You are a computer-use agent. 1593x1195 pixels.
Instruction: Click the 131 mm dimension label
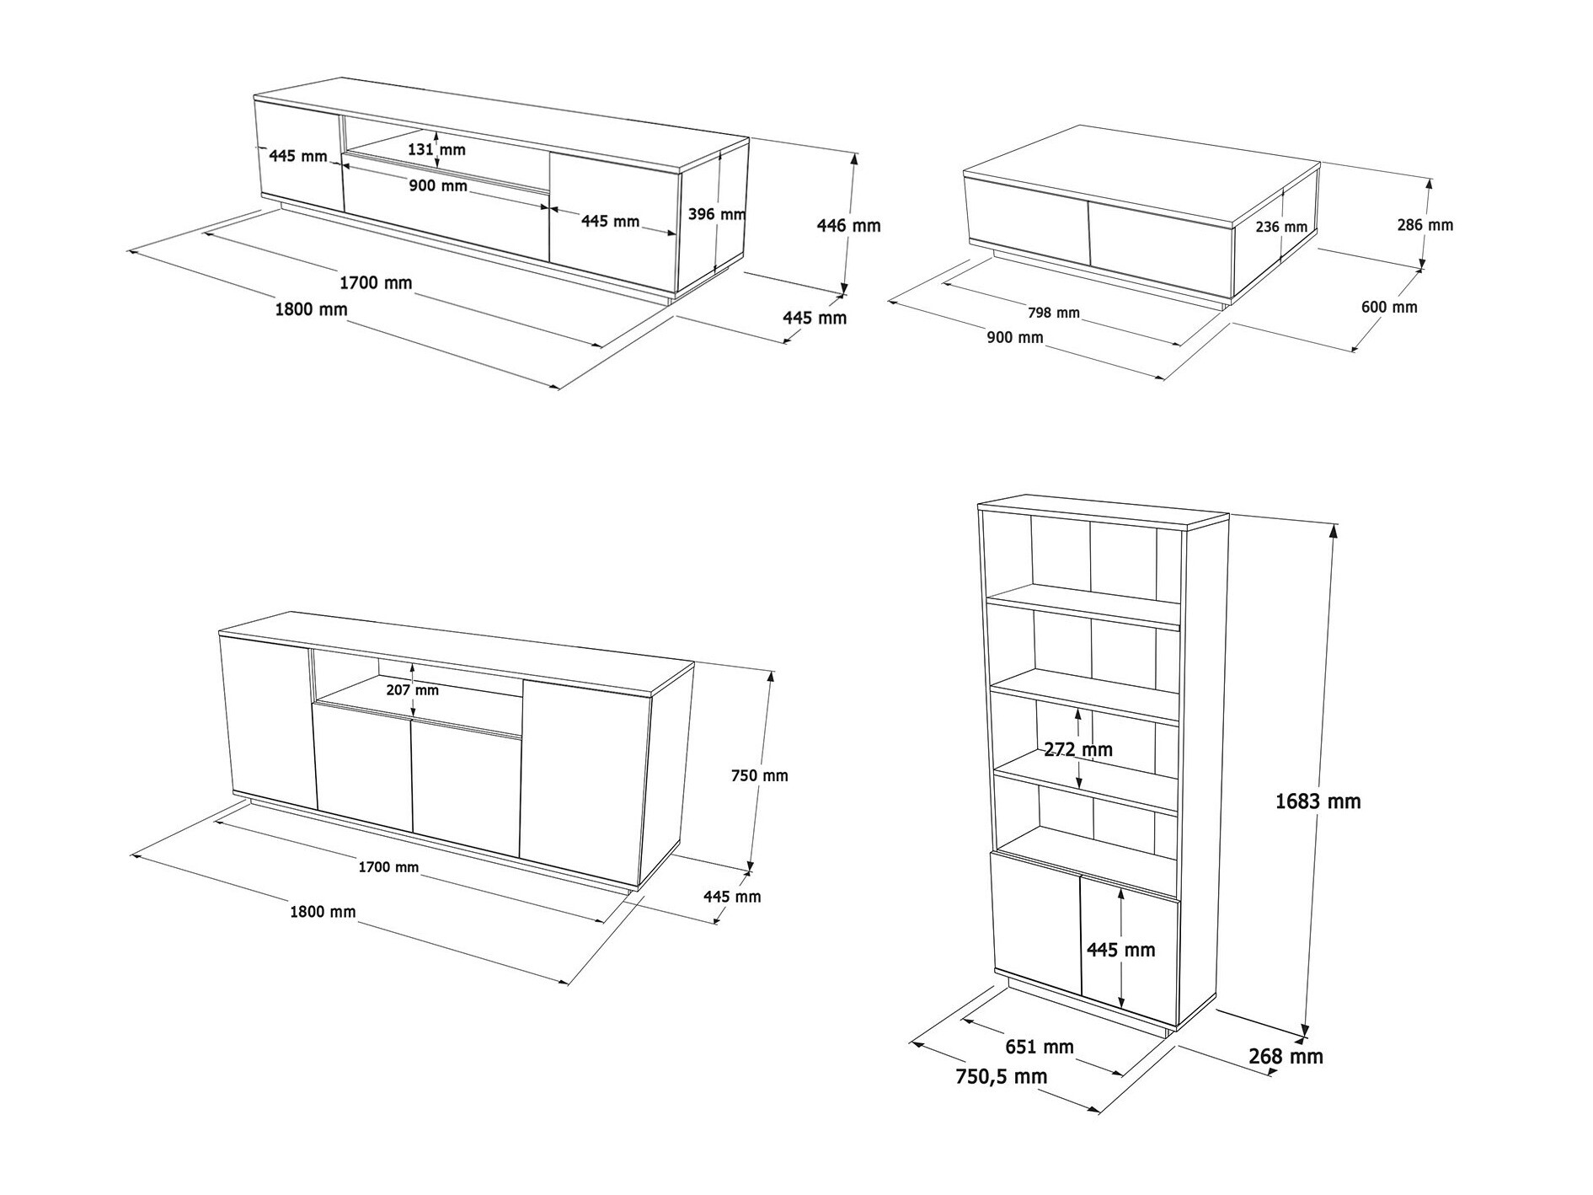[x=436, y=150]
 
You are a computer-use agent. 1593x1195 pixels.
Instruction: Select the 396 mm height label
[x=716, y=214]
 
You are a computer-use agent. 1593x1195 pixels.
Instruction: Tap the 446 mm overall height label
[x=848, y=226]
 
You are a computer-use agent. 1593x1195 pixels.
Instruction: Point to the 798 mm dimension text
[x=1053, y=313]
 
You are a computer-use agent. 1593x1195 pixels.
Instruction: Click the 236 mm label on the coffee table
[x=1280, y=227]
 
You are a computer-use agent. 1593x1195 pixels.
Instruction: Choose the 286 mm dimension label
[x=1425, y=225]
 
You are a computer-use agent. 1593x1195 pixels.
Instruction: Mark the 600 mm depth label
[x=1388, y=308]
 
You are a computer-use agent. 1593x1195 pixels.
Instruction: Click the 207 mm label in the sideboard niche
[x=413, y=690]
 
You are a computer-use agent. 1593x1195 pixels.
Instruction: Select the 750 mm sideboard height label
[x=759, y=775]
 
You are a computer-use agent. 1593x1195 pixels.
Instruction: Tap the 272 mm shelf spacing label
[x=1077, y=749]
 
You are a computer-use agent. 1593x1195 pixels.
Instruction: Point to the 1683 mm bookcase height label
[x=1318, y=801]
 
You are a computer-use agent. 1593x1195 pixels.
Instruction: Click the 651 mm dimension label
[x=1039, y=1047]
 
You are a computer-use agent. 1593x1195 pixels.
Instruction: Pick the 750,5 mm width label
[x=1001, y=1076]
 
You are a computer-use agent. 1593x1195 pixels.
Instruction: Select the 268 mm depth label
[x=1286, y=1056]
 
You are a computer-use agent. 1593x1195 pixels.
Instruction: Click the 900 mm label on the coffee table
[x=1014, y=338]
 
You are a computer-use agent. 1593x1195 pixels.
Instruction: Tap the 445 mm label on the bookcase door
[x=1120, y=950]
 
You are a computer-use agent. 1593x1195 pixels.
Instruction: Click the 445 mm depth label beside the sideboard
[x=731, y=897]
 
